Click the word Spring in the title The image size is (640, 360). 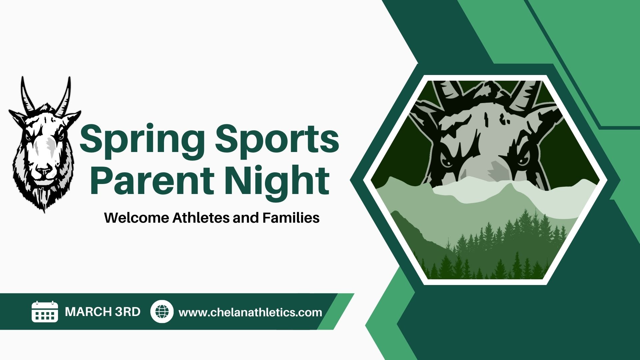click(x=142, y=140)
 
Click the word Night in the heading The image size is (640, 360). click(x=277, y=180)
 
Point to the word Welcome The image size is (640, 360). click(x=137, y=218)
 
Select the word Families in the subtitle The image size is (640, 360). click(x=291, y=218)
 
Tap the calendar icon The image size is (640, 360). click(x=45, y=312)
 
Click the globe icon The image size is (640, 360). click(x=162, y=312)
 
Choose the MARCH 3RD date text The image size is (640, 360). click(x=103, y=312)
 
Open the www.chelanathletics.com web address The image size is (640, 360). click(x=250, y=312)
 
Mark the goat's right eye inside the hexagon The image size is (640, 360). click(x=448, y=161)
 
